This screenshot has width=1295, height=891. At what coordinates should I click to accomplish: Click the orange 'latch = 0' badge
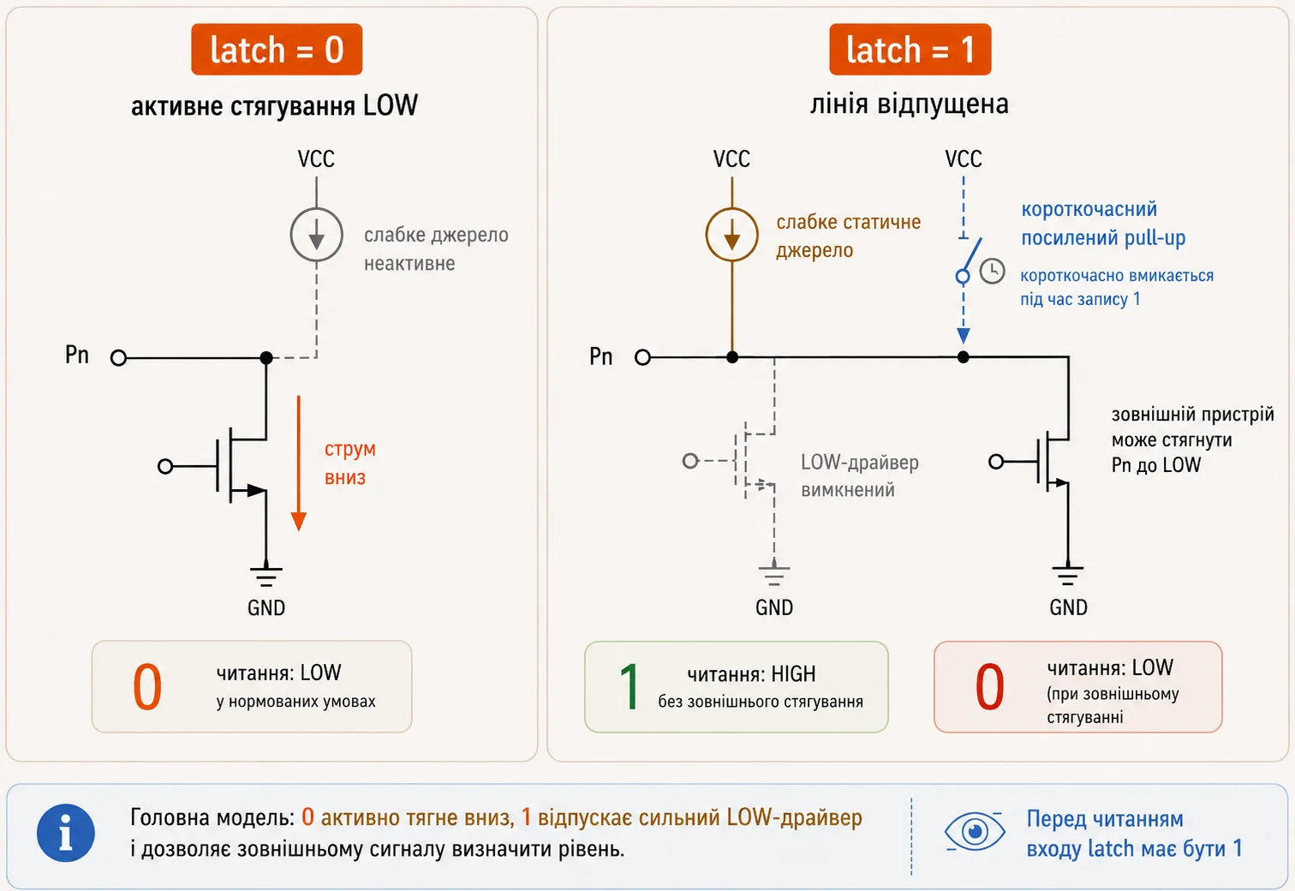pos(277,49)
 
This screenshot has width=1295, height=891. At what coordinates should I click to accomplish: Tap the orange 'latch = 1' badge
pos(910,49)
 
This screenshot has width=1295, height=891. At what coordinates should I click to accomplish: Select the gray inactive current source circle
pos(316,235)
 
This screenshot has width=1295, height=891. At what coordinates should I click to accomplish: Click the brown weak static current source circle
pos(732,235)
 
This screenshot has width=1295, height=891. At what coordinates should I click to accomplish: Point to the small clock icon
pos(992,271)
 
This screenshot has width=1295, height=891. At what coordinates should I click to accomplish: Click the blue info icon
pos(66,834)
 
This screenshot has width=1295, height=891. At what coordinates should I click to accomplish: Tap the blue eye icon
pos(975,832)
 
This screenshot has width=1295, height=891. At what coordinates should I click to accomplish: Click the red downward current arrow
pos(298,463)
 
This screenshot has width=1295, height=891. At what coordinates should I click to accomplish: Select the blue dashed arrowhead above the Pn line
pos(964,335)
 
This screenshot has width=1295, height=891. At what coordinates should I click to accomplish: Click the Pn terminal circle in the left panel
pos(118,358)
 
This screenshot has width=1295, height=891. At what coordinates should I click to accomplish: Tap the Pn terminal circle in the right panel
pos(643,357)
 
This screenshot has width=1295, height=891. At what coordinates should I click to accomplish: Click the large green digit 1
pos(630,686)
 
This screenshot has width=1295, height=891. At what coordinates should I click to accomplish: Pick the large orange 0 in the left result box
pos(147,686)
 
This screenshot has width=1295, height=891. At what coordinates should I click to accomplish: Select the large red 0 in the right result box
pos(990,686)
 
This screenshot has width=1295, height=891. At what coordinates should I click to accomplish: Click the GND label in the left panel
pos(266,607)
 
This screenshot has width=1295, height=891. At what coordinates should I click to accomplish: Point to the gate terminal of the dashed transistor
pos(690,461)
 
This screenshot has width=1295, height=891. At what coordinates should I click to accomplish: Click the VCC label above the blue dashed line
pos(964,158)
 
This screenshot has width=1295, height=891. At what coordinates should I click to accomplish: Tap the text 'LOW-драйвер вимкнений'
pos(860,475)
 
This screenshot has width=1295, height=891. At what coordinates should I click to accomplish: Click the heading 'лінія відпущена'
pos(910,105)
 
